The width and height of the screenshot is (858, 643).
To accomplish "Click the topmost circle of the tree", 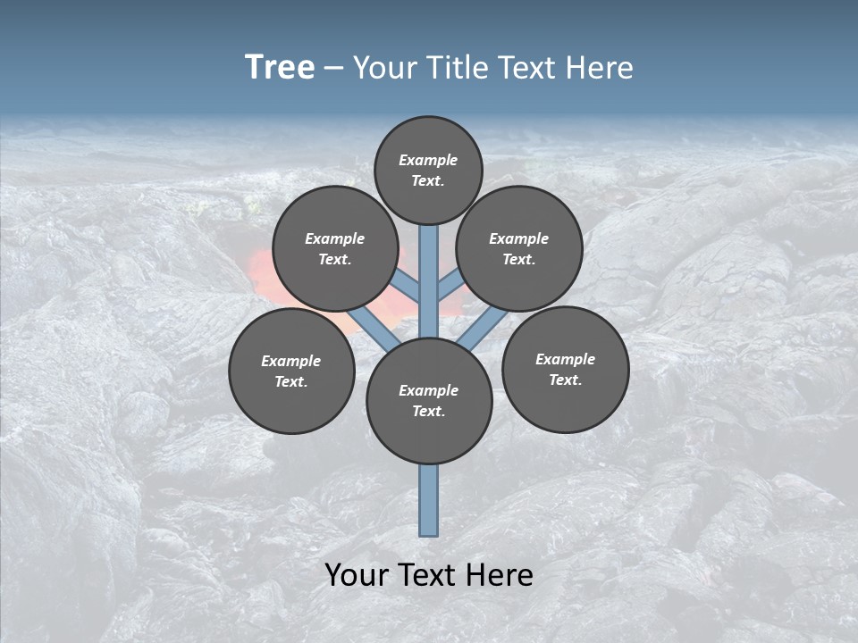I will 428,170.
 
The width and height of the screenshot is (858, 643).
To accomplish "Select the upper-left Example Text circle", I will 334,248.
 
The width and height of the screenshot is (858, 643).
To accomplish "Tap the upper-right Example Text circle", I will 519,248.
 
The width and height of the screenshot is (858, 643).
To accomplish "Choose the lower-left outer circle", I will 291,371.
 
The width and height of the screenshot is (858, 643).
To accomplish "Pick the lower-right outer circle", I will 565,369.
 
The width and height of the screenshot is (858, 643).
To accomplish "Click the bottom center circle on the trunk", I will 429,401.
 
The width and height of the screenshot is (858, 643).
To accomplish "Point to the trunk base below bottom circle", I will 429,500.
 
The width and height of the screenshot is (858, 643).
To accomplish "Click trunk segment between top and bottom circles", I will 429,281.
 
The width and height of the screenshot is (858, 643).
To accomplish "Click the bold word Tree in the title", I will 280,67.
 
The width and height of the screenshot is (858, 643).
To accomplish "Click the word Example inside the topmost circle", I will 428,160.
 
